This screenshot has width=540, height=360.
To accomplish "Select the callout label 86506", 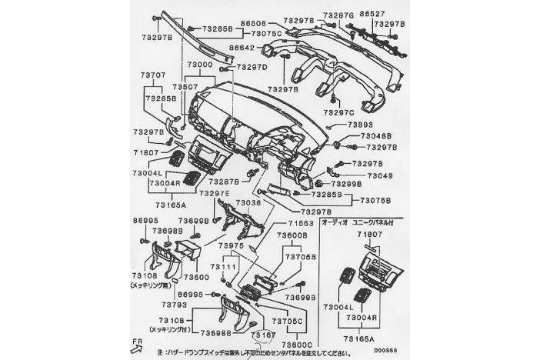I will [x=252, y=25].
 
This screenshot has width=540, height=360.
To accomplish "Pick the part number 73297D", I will [x=251, y=68].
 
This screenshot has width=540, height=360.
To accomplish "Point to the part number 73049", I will [x=379, y=175].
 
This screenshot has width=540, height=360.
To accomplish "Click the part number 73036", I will [x=248, y=202].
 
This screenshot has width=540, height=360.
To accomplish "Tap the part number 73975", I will [x=230, y=245].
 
